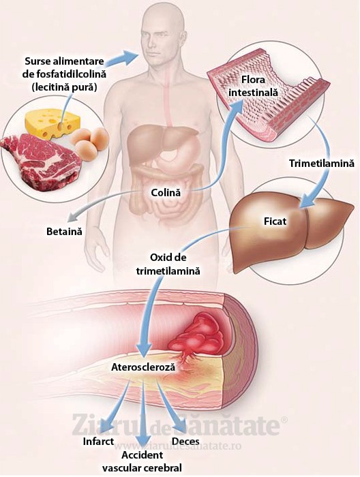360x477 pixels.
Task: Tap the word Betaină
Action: pyautogui.click(x=64, y=232)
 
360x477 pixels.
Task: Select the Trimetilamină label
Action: pyautogui.click(x=322, y=164)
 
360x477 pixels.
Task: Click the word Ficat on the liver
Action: pyautogui.click(x=275, y=221)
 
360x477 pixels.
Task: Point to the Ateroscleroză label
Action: pyautogui.click(x=143, y=367)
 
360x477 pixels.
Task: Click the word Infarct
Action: pyautogui.click(x=98, y=441)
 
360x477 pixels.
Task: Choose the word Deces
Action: pyautogui.click(x=185, y=441)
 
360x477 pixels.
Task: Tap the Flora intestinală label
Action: pyautogui.click(x=253, y=86)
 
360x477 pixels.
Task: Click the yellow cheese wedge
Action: pyautogui.click(x=52, y=123)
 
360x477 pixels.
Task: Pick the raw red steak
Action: pyautogui.click(x=41, y=159)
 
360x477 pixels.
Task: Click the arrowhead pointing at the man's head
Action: pyautogui.click(x=130, y=57)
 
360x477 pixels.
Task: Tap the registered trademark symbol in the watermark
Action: pyautogui.click(x=283, y=420)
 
